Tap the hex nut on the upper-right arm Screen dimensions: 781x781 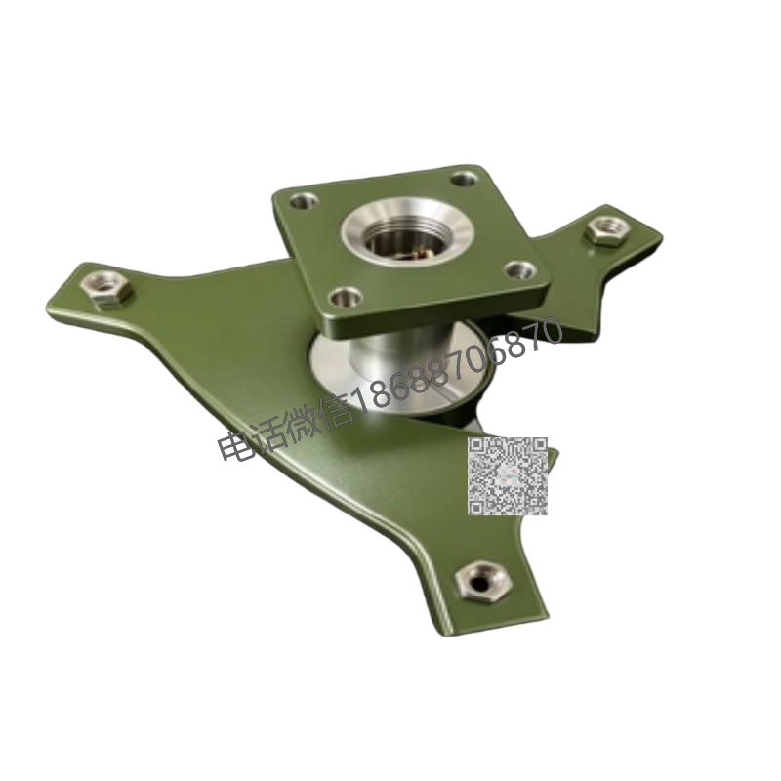tap(606, 230)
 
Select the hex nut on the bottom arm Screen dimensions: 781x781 tap(482, 581)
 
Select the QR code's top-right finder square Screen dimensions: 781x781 tap(539, 444)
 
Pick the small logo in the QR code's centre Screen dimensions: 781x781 tap(508, 475)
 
